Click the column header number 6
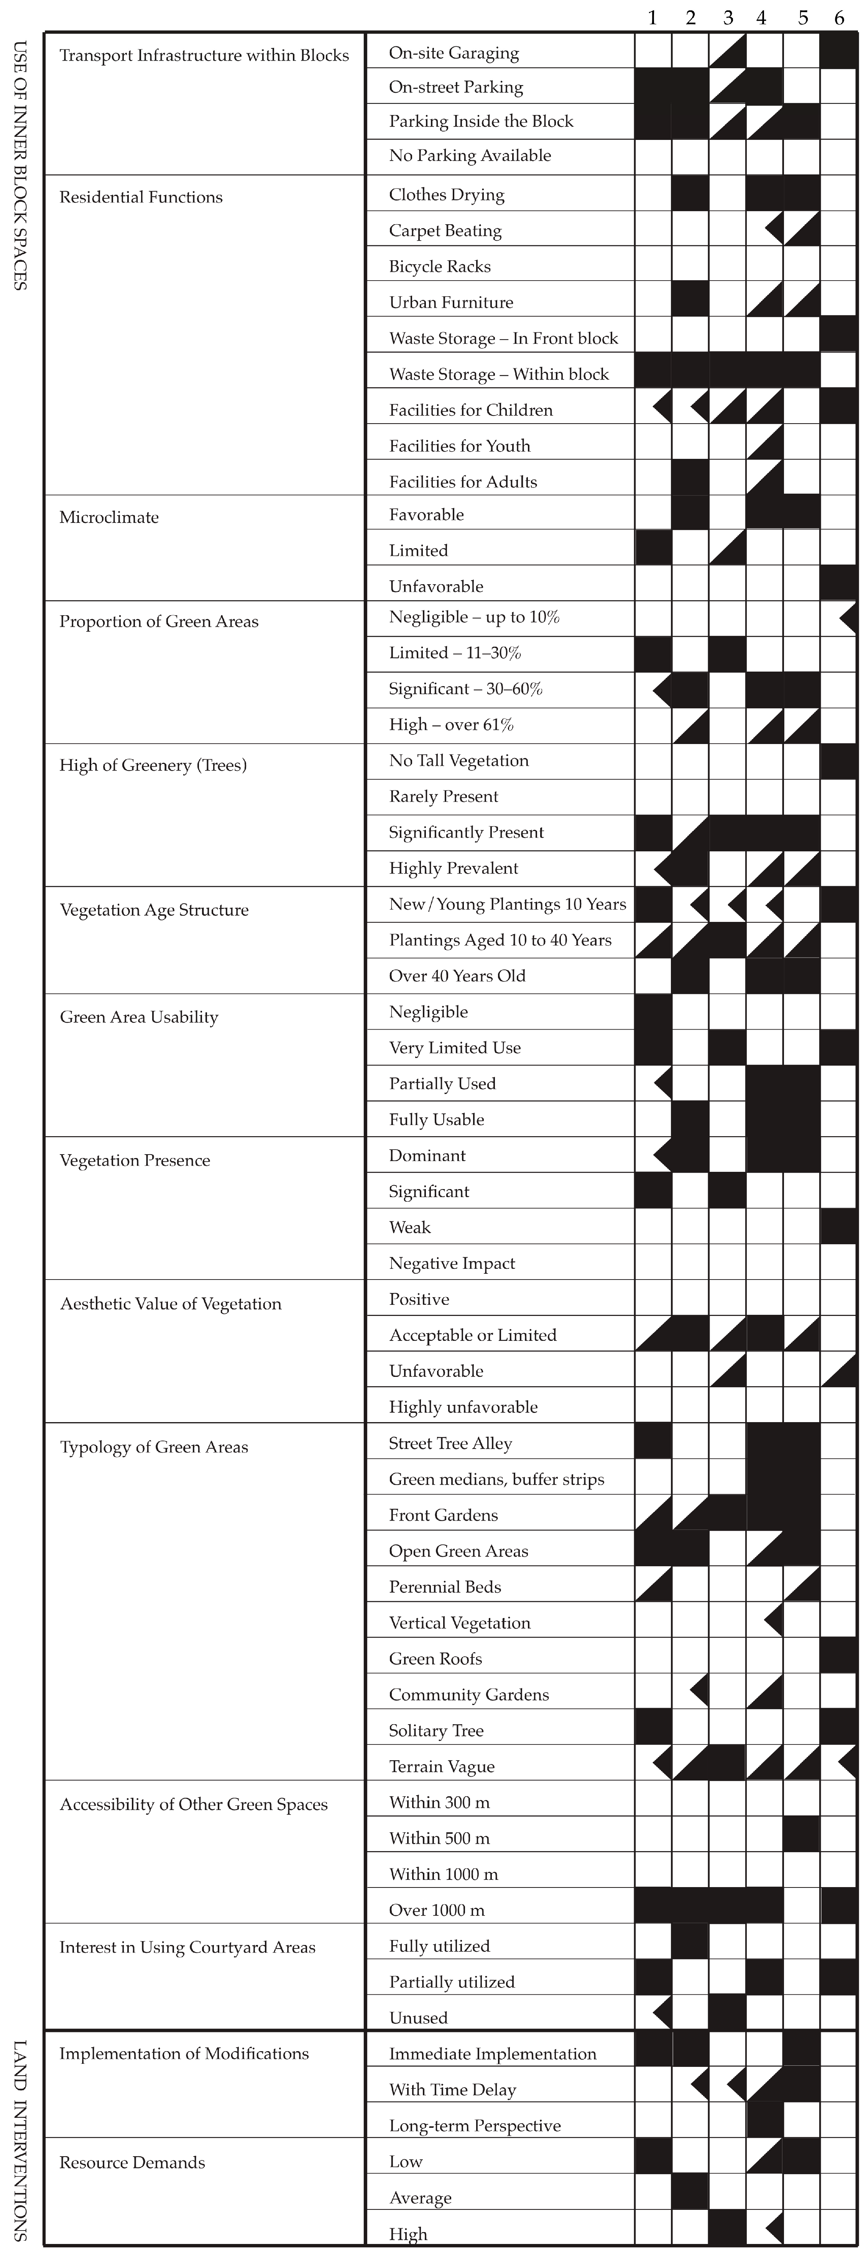tap(839, 18)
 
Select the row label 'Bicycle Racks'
tap(440, 266)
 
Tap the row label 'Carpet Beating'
tap(445, 230)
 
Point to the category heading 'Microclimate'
tap(109, 517)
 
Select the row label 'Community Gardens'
tap(469, 1695)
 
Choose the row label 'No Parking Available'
tap(470, 155)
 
